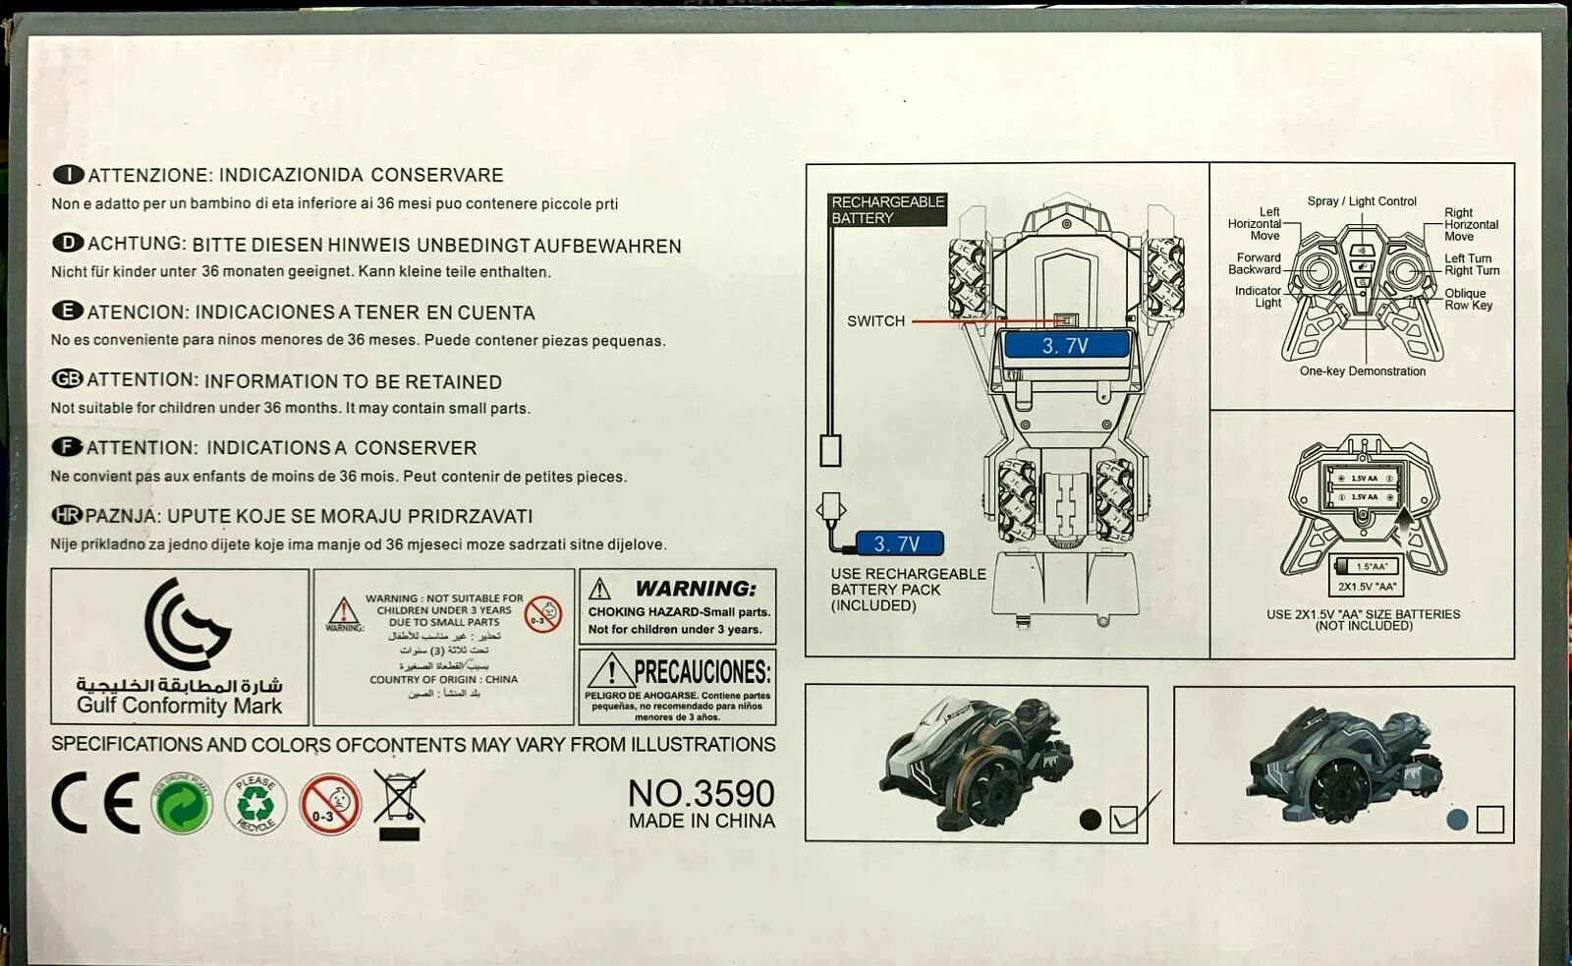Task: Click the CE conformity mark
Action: coord(95,803)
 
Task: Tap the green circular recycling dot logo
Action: coord(182,804)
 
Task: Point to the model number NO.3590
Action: coord(702,793)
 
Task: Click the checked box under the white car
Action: coord(1123,819)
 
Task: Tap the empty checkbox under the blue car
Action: coord(1489,819)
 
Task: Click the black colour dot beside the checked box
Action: coord(1090,820)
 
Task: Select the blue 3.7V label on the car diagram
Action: coord(1065,346)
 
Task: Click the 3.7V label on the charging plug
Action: coord(897,543)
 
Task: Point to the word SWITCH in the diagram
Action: coord(875,321)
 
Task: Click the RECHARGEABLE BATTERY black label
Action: coord(887,209)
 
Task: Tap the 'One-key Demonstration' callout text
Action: coord(1362,371)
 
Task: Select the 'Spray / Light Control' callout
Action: coord(1362,201)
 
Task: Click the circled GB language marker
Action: coord(67,379)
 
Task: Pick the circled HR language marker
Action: coord(66,515)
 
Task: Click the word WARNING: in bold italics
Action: coord(696,589)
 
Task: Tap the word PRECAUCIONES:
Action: coord(702,672)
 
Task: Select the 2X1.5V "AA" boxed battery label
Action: coord(1367,587)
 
